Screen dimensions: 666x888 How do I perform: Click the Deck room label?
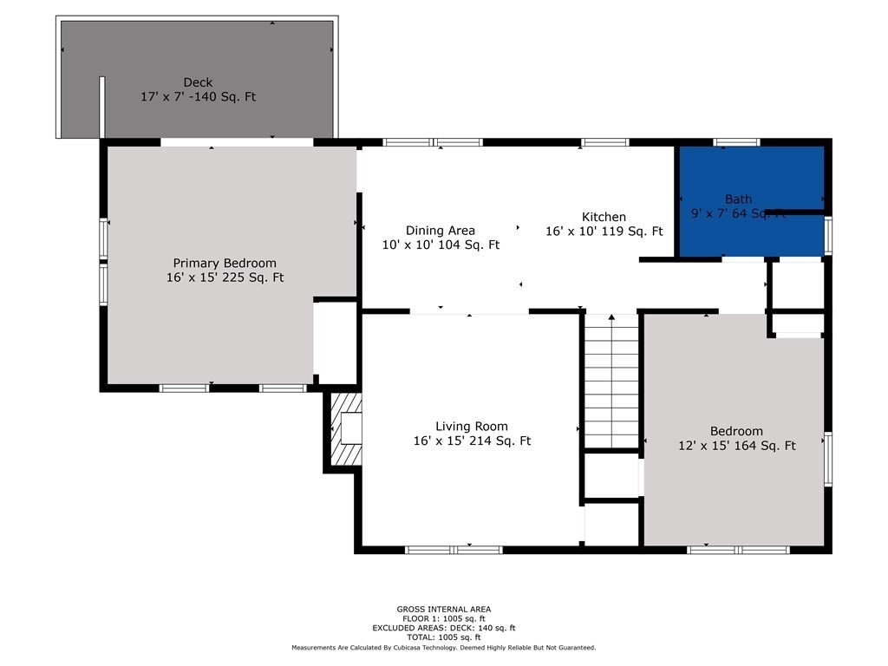198,83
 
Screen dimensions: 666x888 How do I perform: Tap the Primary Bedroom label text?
225,264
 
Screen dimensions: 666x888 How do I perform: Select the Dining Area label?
441,231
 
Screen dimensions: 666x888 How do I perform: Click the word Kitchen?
604,217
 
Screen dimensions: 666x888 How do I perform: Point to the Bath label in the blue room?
739,199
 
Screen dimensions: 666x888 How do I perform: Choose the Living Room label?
472,426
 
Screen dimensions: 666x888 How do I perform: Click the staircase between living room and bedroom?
611,382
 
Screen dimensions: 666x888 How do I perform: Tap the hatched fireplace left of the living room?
344,430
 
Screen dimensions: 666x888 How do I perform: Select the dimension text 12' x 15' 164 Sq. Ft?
737,446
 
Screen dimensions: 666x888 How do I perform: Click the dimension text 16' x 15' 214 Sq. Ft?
472,441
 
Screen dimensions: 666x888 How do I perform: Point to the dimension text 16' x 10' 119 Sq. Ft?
604,232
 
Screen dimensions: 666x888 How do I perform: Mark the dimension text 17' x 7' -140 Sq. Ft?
198,97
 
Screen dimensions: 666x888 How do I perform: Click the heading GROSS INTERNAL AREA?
444,610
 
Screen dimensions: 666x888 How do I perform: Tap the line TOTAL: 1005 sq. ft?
444,637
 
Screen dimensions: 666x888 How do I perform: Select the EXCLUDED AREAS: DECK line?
444,628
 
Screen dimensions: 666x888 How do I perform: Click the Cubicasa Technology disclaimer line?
444,648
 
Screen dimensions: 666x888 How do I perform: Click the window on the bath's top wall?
736,142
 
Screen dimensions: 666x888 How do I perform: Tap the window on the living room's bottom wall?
454,549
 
